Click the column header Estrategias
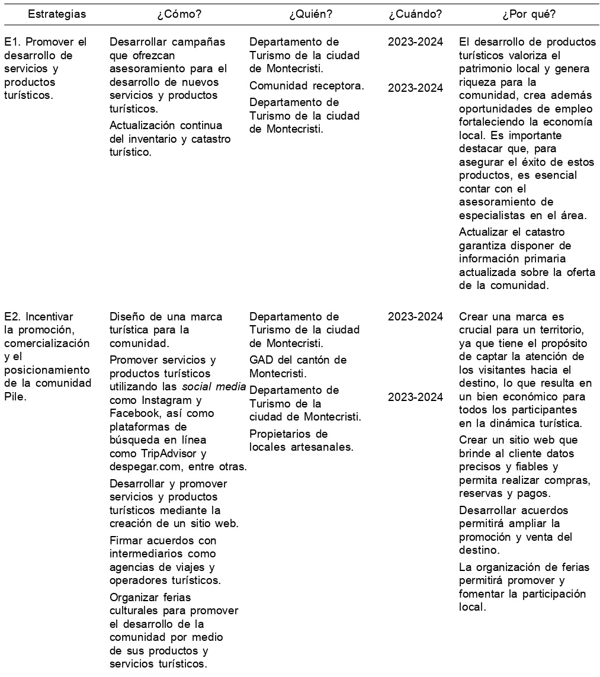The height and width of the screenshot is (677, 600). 57,14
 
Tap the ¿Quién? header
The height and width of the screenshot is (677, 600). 310,14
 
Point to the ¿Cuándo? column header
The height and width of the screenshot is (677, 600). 415,14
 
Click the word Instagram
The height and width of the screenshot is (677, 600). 163,400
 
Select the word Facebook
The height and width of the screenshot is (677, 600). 133,413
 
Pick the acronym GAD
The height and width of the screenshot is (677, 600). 261,360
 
